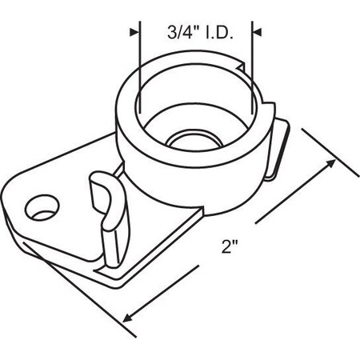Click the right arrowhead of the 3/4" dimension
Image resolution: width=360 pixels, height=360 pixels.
point(258,33)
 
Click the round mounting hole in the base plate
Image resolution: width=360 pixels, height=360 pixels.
point(40,209)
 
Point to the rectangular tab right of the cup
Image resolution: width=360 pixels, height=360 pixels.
point(278,148)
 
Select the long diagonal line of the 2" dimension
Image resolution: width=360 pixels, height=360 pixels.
point(228,240)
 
